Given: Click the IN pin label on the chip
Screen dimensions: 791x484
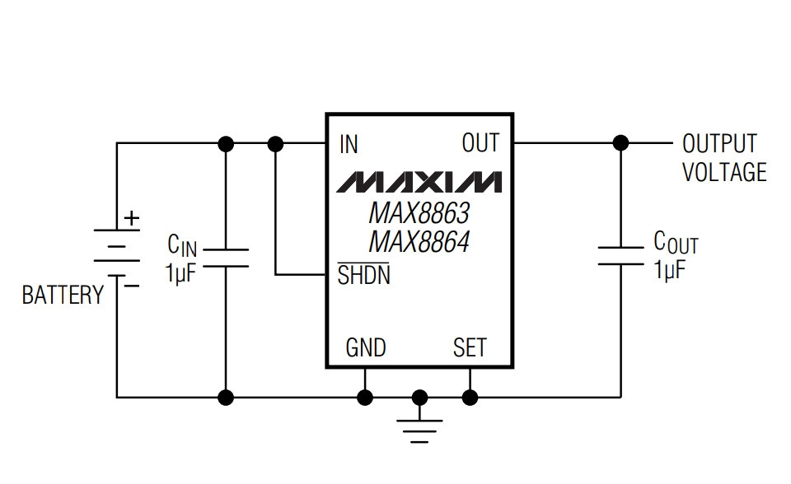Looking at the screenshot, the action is click(349, 144).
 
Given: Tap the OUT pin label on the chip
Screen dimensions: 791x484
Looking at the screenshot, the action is click(480, 142).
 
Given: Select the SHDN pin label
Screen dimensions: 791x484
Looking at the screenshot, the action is click(363, 275).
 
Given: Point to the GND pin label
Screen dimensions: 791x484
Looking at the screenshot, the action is click(366, 347).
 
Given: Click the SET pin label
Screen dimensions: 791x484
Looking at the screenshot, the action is click(470, 347).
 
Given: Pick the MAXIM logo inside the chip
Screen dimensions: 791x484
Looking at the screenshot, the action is click(419, 182).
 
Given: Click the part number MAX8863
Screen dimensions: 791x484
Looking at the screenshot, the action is click(419, 213).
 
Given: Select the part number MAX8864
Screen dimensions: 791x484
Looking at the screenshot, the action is click(419, 242).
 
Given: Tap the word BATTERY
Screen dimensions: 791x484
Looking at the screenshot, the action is click(63, 295).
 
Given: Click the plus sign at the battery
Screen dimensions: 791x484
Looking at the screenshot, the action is click(132, 218).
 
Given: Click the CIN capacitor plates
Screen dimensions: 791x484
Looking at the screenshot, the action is click(226, 258).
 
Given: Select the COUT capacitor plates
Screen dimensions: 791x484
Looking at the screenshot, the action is click(620, 256).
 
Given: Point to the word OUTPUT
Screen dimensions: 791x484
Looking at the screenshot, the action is click(720, 144).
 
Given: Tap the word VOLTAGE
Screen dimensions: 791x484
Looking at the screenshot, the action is click(724, 172).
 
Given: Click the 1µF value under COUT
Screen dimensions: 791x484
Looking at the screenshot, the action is click(670, 270).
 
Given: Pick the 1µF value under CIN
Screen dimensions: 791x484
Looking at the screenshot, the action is click(180, 272).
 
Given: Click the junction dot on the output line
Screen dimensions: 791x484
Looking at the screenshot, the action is click(620, 143).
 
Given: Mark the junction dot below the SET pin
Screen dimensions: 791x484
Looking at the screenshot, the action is click(470, 398).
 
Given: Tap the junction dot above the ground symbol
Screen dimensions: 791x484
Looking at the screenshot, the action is click(419, 398).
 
